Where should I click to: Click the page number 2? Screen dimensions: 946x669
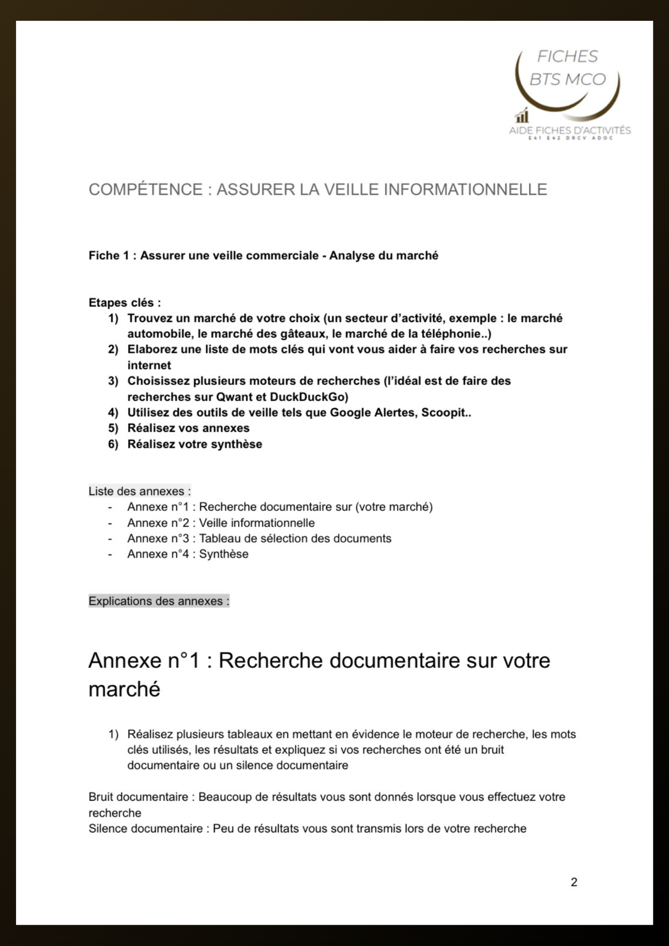click(x=574, y=882)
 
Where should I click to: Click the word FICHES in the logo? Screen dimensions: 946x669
click(x=567, y=57)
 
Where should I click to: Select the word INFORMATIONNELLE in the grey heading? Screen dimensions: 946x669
click(x=465, y=189)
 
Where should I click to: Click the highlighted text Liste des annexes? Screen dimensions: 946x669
click(x=140, y=491)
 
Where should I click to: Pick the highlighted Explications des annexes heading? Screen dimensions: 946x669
click(x=158, y=601)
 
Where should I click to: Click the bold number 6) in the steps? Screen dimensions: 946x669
click(x=113, y=444)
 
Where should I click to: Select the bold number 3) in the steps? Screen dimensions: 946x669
click(x=113, y=381)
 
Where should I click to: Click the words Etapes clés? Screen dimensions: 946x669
click(x=124, y=302)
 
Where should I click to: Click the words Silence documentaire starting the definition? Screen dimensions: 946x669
click(x=145, y=829)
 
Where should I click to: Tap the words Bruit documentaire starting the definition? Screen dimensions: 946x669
click(x=138, y=797)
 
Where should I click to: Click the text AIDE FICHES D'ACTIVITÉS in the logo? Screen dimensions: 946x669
click(x=570, y=130)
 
